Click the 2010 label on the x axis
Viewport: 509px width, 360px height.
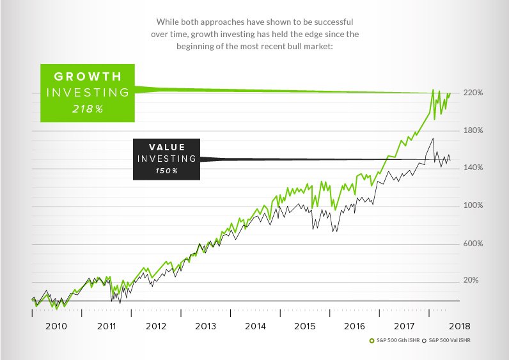click(x=56, y=326)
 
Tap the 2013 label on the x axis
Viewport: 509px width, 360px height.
click(x=205, y=326)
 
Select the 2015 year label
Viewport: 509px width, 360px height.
click(x=305, y=326)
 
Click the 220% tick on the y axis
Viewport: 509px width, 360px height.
click(x=473, y=93)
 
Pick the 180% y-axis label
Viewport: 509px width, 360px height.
click(x=473, y=130)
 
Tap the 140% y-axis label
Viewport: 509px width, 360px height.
click(x=473, y=168)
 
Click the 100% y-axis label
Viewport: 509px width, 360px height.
click(x=473, y=206)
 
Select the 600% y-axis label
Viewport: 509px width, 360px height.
click(x=473, y=244)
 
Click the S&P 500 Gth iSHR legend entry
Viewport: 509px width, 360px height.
click(x=396, y=340)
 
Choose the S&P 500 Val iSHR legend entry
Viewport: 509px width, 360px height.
click(x=452, y=340)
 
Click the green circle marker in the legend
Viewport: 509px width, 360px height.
click(x=371, y=340)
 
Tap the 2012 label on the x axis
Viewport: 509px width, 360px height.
click(x=156, y=326)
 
